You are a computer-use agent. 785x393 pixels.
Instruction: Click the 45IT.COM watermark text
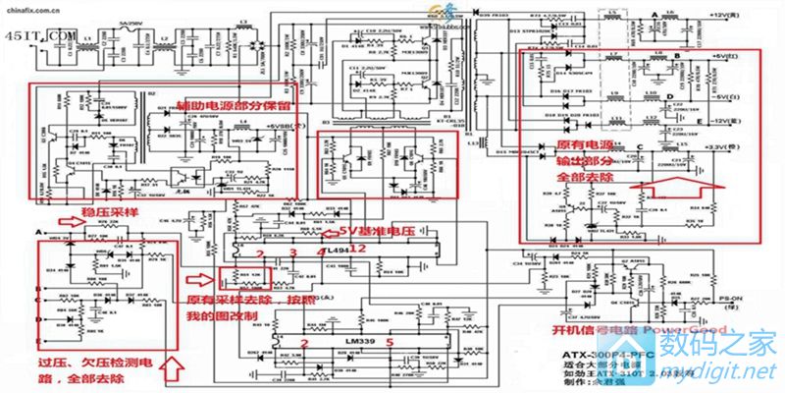40,34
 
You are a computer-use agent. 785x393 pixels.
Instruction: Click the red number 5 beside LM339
390,342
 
